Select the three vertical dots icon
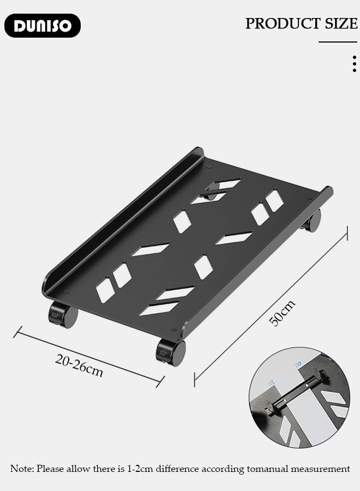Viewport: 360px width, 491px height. click(354, 64)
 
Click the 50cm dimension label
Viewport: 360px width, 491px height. click(283, 313)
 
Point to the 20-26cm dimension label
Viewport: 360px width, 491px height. click(79, 365)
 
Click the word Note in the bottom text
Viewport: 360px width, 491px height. click(22, 469)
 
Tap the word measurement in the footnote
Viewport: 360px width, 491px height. click(319, 469)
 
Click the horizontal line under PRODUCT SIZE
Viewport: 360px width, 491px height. click(338, 42)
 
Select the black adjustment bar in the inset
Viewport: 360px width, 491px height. click(295, 390)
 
